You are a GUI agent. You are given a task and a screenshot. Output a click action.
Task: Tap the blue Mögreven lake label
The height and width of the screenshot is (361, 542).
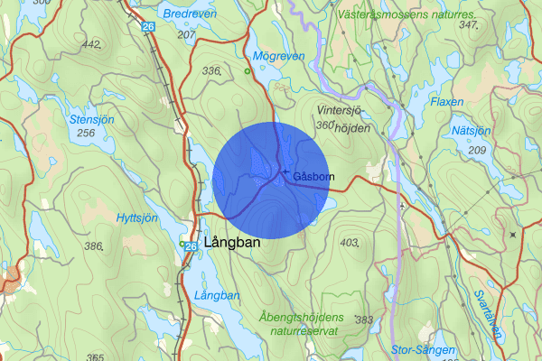point(279,56)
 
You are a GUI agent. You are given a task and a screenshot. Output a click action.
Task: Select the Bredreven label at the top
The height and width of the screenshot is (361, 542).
point(191,14)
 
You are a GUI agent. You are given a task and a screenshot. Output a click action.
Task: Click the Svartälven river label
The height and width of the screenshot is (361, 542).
point(488,313)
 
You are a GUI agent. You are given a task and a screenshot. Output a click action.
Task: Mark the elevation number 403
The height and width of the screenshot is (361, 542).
point(350,243)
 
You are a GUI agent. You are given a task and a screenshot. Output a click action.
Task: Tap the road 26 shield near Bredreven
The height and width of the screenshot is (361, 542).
point(147,27)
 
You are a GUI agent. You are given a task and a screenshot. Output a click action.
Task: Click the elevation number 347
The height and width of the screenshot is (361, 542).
point(467,24)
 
